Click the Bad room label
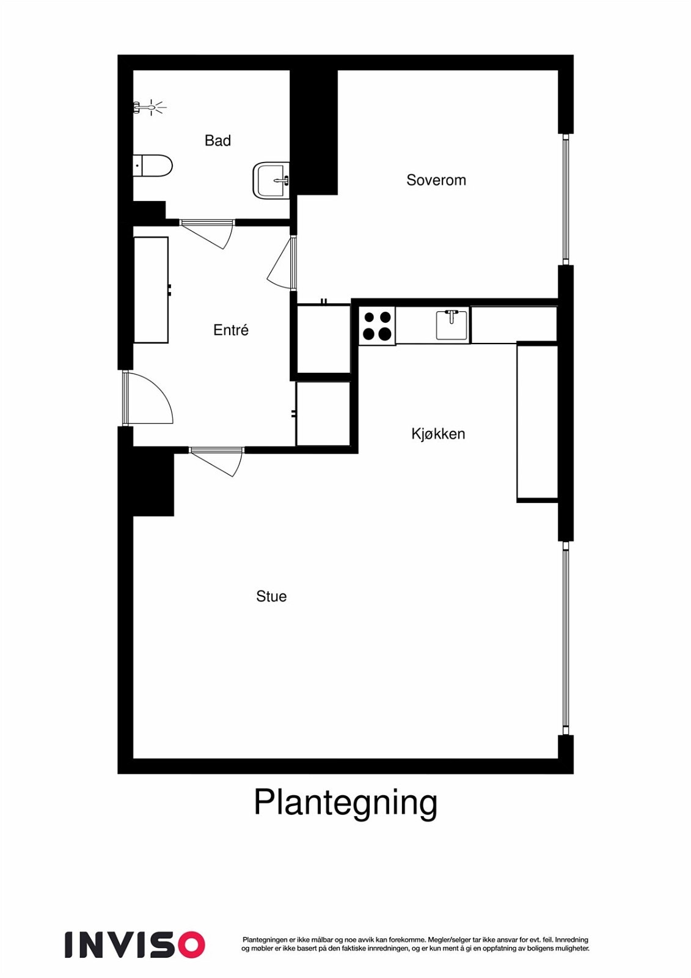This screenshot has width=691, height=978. [218, 141]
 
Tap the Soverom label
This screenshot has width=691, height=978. [436, 180]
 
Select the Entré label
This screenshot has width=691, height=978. [230, 330]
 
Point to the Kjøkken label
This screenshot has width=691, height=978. [438, 434]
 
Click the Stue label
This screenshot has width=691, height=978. [271, 597]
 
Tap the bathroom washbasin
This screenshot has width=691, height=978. [271, 180]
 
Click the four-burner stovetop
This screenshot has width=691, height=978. [377, 326]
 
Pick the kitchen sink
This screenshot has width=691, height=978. [452, 325]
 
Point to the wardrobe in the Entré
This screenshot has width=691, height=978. [151, 290]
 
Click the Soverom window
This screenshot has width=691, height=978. [566, 199]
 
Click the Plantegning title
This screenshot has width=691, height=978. [345, 803]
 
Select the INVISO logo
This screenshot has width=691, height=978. [134, 944]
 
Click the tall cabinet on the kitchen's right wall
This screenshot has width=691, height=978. [537, 422]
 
